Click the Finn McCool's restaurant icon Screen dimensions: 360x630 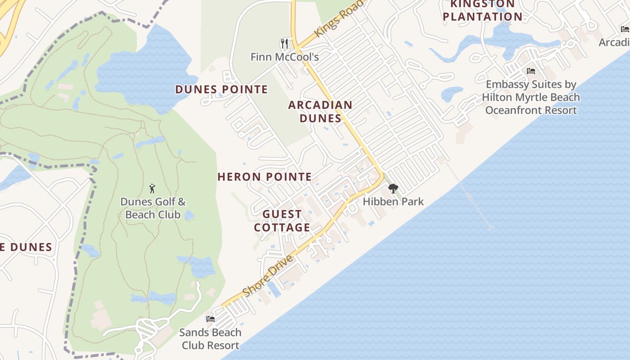(x=284, y=43)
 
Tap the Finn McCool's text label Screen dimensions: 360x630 (x=284, y=57)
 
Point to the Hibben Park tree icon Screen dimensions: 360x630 (x=393, y=188)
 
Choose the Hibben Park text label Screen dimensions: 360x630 (x=393, y=201)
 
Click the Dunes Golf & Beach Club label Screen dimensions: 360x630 (x=153, y=208)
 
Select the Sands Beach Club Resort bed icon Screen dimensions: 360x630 (x=210, y=319)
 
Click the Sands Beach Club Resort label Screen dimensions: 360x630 (x=210, y=339)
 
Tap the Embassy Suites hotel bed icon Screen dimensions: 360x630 (x=531, y=71)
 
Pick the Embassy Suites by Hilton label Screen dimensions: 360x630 (x=531, y=97)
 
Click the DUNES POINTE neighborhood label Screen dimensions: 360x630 (x=221, y=90)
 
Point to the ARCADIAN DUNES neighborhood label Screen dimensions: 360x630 (x=320, y=112)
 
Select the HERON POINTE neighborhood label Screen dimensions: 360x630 (x=265, y=177)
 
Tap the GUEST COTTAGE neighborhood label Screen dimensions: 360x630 (x=282, y=221)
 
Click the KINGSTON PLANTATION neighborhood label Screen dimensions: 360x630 (x=482, y=11)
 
